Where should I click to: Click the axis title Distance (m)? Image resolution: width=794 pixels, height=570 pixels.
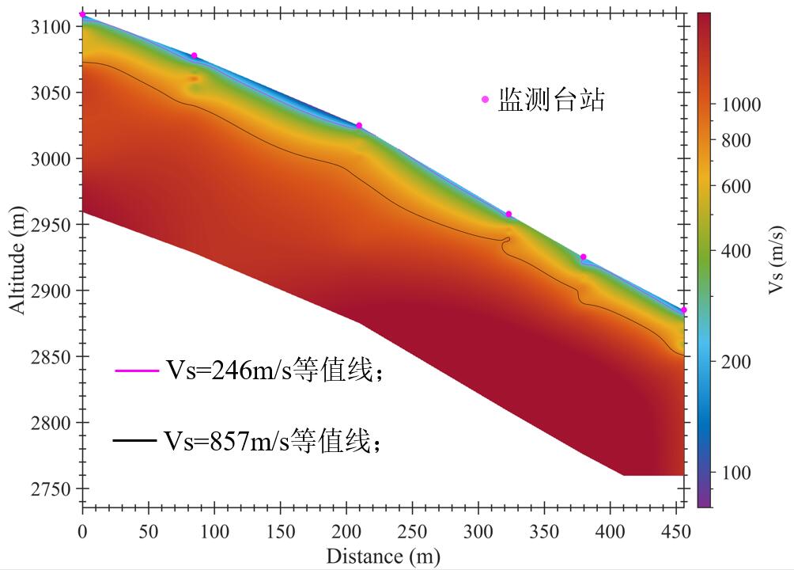coord(383,556)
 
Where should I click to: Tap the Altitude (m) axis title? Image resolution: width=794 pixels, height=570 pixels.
coord(17,258)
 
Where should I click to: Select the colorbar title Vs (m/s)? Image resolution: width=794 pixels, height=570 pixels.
coord(777,258)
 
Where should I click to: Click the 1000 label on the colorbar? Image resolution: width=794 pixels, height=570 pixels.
coord(741,104)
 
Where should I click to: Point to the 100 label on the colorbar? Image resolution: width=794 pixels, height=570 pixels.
coord(736,473)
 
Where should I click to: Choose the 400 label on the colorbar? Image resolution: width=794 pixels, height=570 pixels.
coord(736,251)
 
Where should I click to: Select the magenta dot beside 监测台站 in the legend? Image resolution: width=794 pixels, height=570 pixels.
coord(486,99)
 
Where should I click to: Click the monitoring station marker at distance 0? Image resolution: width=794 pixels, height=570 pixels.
coord(83,14)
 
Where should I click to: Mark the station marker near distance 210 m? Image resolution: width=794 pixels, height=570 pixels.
coord(359,125)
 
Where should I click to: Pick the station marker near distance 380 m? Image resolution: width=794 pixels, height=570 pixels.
coord(584,256)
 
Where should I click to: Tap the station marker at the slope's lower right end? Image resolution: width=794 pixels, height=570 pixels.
coord(683,310)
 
